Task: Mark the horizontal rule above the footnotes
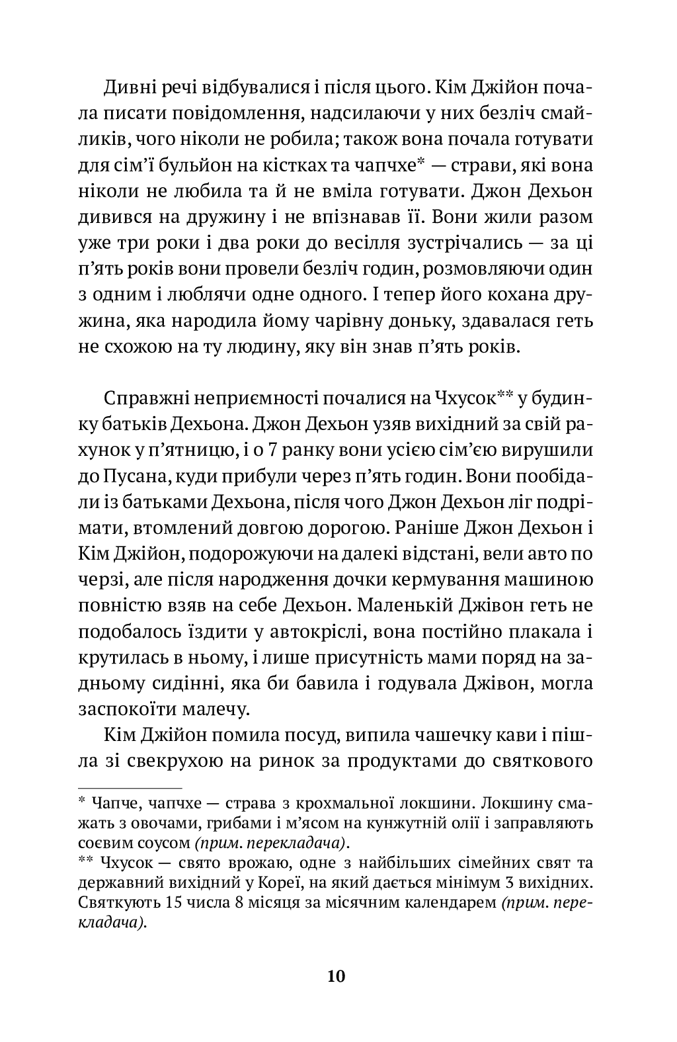point(130,789)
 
